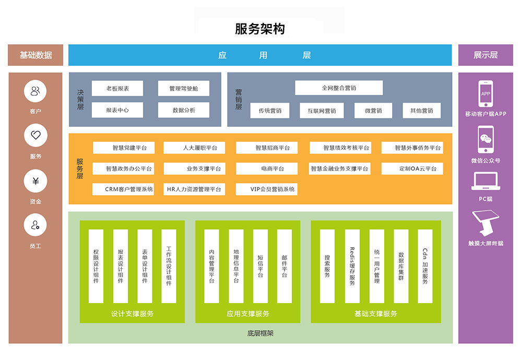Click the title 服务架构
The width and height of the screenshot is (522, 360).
coord(260,29)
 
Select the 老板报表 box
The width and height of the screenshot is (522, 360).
coord(117,89)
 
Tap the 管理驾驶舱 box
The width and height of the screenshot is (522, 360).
coord(184,89)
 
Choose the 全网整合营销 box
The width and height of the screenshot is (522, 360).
coord(339,88)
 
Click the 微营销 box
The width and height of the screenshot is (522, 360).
coord(373,111)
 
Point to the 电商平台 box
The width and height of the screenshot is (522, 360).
coord(267,169)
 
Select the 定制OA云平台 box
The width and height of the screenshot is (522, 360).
coord(412,169)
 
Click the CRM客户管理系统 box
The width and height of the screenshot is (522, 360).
coord(123,189)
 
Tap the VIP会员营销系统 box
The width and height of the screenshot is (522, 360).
coord(267,189)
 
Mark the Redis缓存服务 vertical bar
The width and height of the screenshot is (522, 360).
coord(352,266)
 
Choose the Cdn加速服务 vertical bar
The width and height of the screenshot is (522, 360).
coord(425,266)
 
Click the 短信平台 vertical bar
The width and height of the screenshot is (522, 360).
coord(260,266)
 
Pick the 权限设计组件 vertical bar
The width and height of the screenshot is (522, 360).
coord(96,266)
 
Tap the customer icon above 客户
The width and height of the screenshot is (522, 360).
coord(35,92)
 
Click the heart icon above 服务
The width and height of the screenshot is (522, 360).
coord(35,136)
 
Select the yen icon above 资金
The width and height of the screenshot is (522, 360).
coord(35,181)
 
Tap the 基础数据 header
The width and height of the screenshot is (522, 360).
coord(35,55)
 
